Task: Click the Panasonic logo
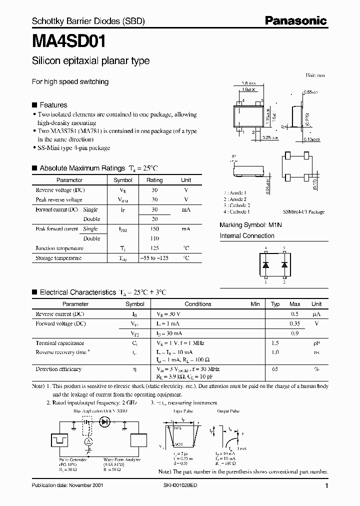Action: coord(295,20)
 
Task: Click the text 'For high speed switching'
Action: coord(70,81)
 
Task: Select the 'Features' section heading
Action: coord(53,105)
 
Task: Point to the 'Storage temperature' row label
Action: coord(58,258)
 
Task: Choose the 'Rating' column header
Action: coord(154,180)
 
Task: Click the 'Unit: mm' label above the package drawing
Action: coord(315,75)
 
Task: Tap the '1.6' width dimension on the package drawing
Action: coord(247,84)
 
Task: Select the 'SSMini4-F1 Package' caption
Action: coord(303,212)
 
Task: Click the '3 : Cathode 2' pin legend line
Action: coord(236,205)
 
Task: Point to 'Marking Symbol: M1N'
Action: coord(251,225)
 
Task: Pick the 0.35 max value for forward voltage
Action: coord(295,323)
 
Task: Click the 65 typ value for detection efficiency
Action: coord(275,369)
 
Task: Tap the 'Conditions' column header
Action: coord(198,304)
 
